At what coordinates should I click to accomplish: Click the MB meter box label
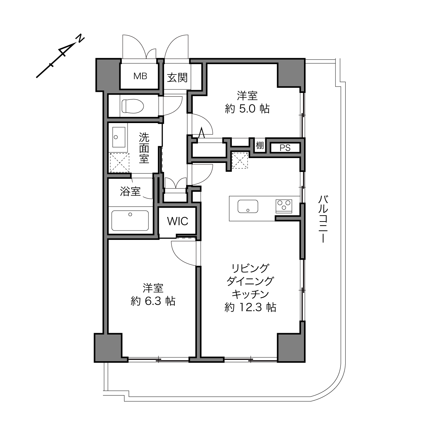pos(140,76)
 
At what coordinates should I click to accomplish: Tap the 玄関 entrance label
pos(177,78)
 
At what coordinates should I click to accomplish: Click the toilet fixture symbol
pos(133,106)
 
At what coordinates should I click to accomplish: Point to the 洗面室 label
pos(144,148)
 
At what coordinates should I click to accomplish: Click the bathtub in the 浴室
pos(130,220)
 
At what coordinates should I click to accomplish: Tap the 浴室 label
pos(130,191)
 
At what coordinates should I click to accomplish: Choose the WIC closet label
pos(177,221)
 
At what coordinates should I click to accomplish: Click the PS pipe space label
pos(285,148)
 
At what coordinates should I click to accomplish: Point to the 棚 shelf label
pos(260,145)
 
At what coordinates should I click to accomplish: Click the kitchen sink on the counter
pos(248,206)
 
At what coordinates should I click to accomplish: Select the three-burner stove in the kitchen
pos(284,206)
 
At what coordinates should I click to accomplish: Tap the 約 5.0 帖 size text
pos(247,109)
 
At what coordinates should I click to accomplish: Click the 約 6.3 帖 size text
pos(153,301)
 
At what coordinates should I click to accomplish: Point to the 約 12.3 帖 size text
pos(250,307)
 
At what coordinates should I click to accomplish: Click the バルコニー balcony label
pos(323,219)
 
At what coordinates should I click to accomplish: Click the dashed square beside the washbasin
pos(119,163)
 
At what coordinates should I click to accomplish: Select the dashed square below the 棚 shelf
pos(240,160)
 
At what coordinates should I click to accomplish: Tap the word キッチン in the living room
pos(250,294)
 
